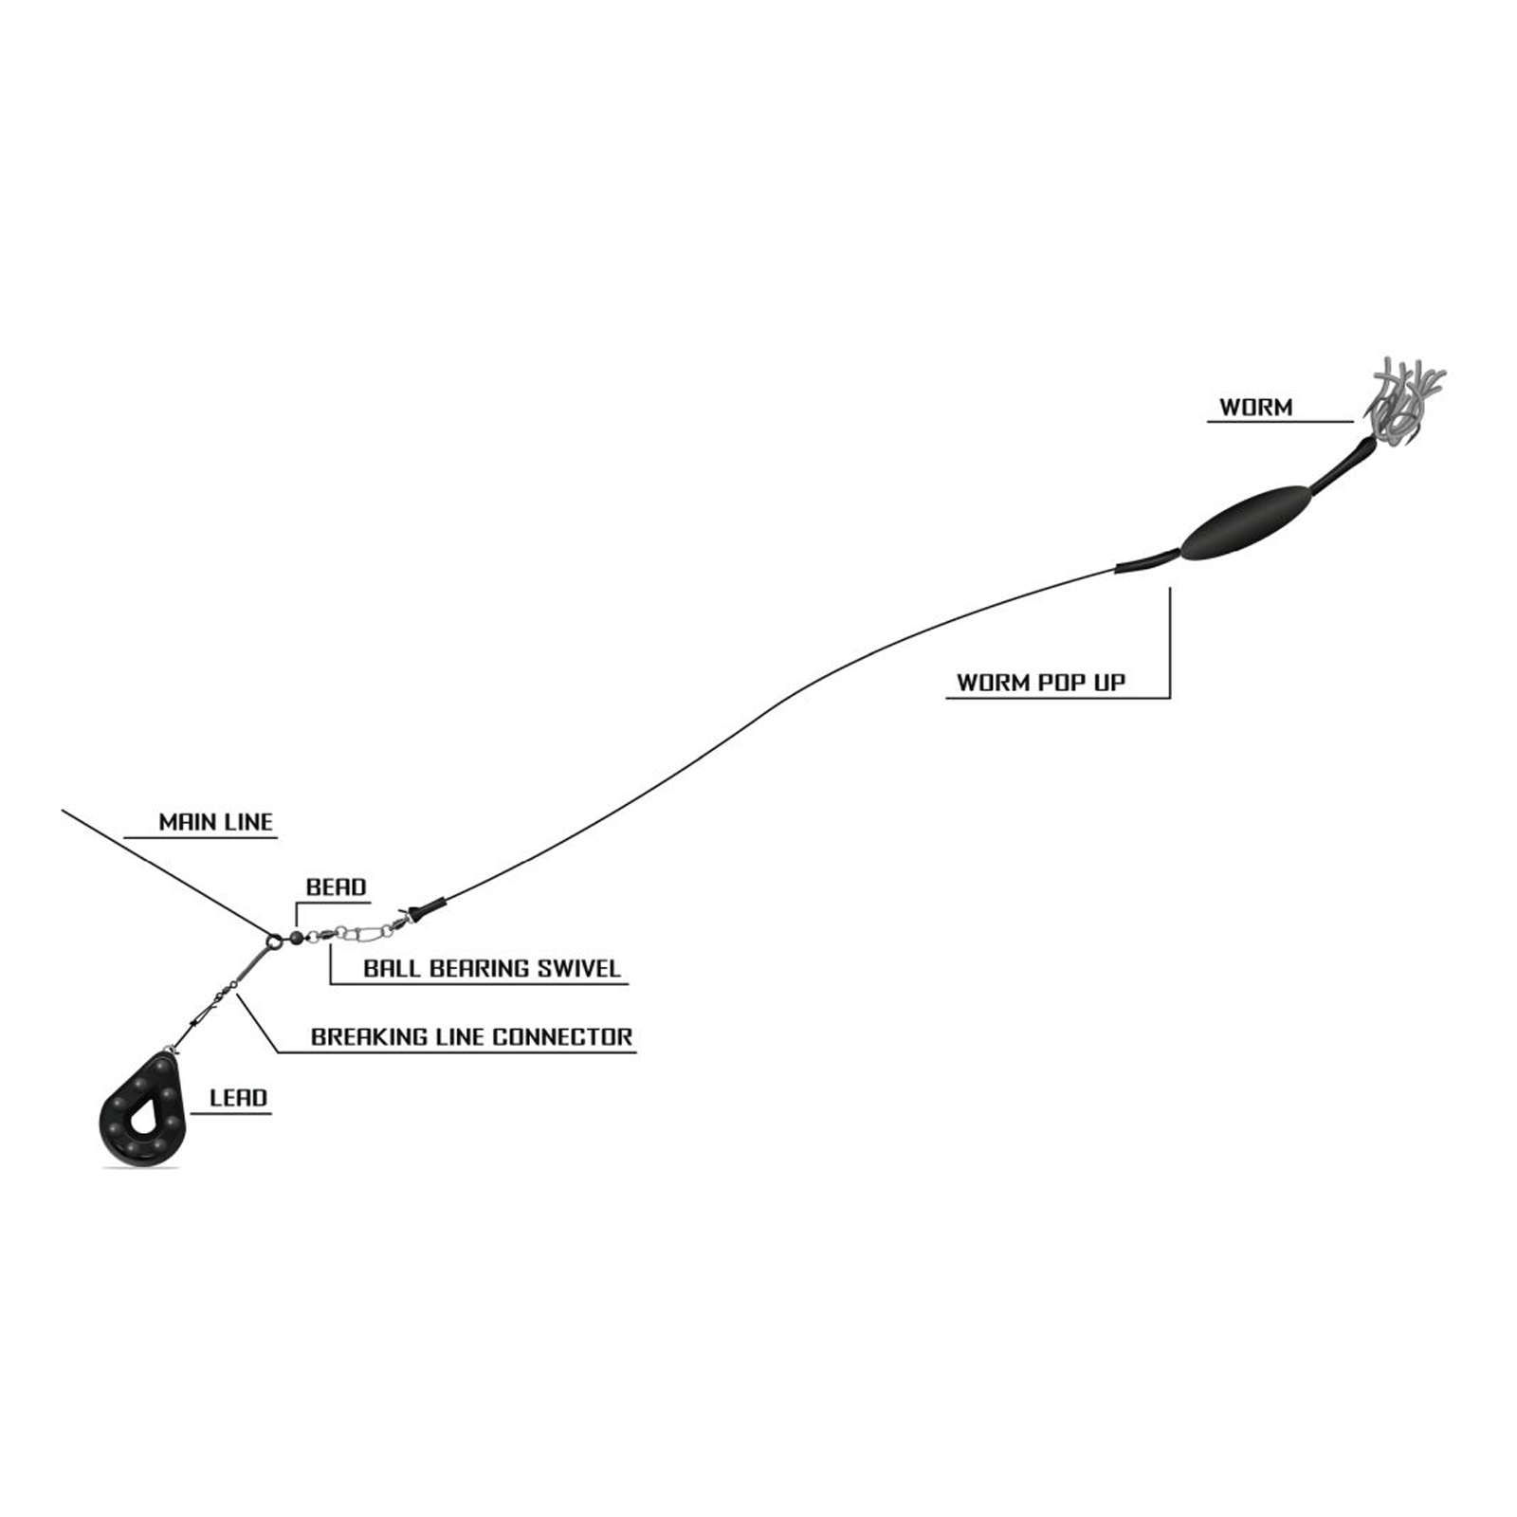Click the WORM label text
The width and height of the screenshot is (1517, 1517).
coord(1255,408)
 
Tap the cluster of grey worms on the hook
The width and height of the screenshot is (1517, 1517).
coord(1403,398)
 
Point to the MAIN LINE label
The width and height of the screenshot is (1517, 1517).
coord(215,822)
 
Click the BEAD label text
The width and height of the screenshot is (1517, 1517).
coord(336,887)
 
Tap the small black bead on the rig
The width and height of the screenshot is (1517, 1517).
coord(297,937)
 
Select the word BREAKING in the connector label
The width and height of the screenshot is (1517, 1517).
coord(368,1037)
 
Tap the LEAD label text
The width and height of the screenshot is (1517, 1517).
coord(238,1098)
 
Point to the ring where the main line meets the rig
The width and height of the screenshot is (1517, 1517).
coord(274,941)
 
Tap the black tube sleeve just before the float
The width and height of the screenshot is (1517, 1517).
coord(1147,562)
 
